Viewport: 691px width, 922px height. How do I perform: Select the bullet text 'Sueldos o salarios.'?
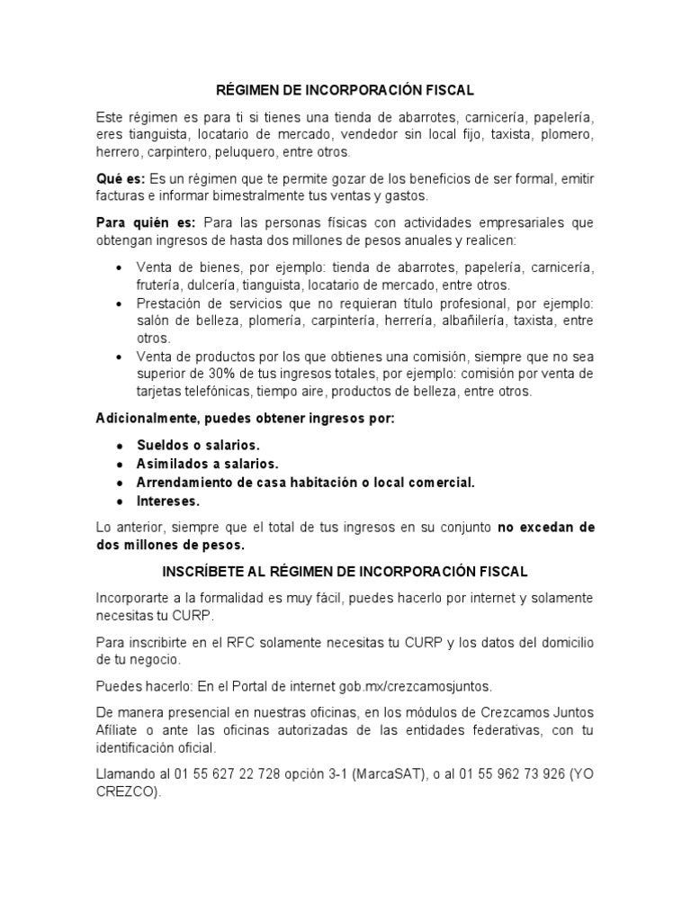point(198,446)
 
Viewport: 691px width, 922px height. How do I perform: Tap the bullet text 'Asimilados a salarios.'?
point(208,464)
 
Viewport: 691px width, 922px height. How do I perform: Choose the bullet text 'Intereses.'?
point(168,500)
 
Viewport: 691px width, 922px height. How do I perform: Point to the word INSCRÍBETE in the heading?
point(202,572)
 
